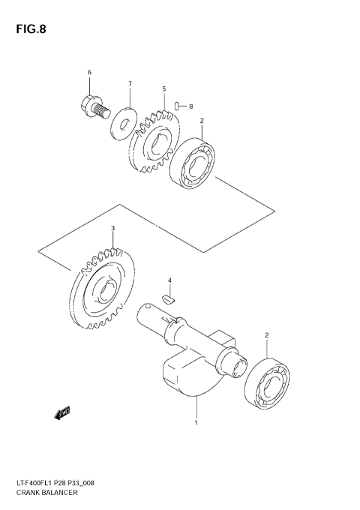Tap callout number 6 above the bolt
tap(89, 73)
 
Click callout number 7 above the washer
tap(129, 83)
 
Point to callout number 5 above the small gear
tap(163, 89)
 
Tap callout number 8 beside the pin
tap(190, 106)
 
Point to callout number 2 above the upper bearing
tap(201, 121)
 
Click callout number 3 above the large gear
tap(112, 228)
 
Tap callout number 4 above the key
tap(169, 280)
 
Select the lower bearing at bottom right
tap(268, 385)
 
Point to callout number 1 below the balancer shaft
tap(196, 422)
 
